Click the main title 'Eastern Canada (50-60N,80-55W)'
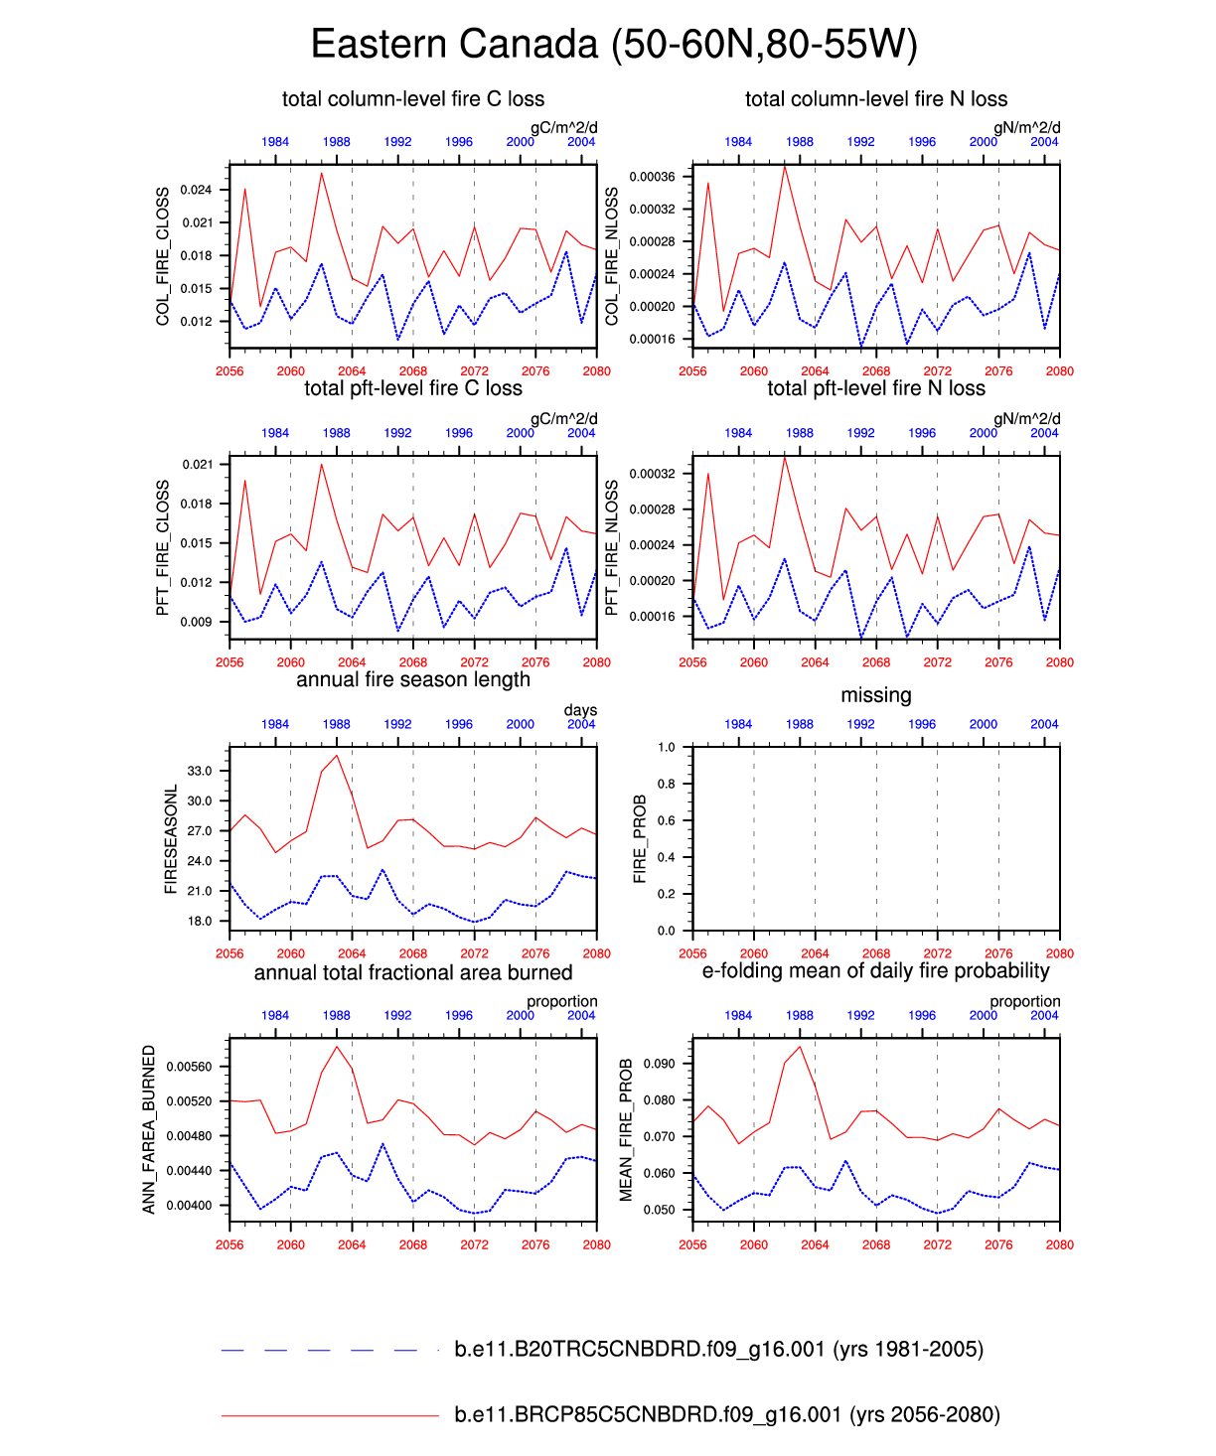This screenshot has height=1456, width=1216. tap(613, 45)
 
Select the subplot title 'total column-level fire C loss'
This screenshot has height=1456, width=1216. tap(413, 99)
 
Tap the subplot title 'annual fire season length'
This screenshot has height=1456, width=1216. tap(413, 680)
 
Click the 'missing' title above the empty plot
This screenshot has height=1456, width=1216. tap(875, 695)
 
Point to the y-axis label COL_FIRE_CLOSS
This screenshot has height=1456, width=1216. tap(164, 256)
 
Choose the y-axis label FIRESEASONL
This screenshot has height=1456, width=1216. tap(171, 839)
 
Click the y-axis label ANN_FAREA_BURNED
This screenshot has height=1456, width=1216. tap(150, 1129)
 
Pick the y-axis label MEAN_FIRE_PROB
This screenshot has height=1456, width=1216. tap(627, 1129)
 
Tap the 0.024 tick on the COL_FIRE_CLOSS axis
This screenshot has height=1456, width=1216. tap(196, 190)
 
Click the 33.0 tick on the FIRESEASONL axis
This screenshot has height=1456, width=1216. tap(200, 771)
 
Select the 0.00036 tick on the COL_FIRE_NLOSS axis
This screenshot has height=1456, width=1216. tap(652, 177)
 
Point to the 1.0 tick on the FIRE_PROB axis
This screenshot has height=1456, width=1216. tap(666, 747)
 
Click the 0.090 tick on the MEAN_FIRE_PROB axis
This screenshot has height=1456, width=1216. tap(659, 1064)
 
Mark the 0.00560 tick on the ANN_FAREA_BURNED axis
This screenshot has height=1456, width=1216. tap(189, 1067)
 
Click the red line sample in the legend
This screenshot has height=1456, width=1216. tap(329, 1415)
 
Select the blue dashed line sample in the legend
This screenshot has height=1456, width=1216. tap(329, 1350)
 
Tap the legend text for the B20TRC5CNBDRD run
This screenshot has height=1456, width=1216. tap(718, 1350)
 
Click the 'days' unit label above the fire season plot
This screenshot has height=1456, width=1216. tap(580, 710)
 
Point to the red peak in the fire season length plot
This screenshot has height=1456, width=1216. tap(337, 756)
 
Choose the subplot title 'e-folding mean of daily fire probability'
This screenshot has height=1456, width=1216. tap(875, 971)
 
